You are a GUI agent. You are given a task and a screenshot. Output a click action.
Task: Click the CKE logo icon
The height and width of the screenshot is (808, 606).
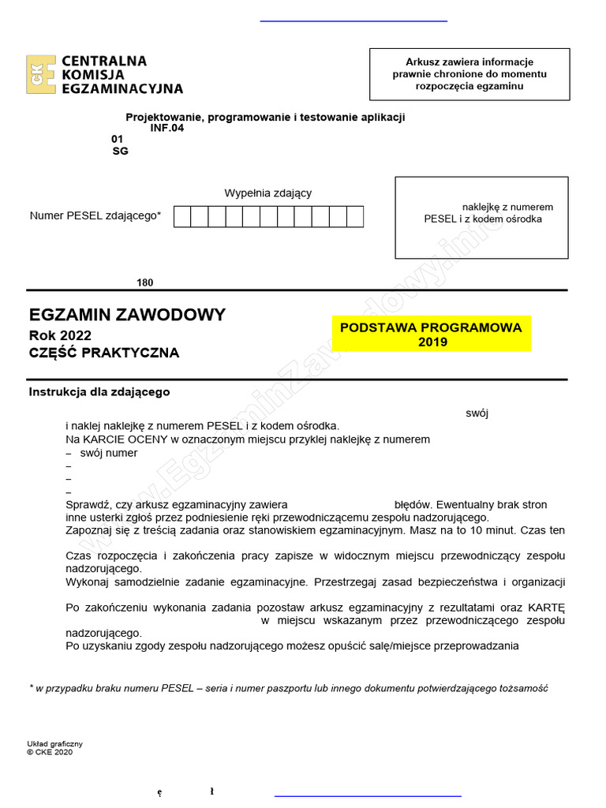coord(40,75)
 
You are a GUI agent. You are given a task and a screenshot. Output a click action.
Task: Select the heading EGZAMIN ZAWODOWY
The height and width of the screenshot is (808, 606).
coord(127,315)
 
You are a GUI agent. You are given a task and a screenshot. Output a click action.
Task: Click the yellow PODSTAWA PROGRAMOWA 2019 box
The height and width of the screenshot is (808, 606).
coord(431,335)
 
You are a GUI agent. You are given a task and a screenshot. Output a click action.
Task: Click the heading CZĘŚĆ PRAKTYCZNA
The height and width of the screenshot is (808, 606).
coord(104,353)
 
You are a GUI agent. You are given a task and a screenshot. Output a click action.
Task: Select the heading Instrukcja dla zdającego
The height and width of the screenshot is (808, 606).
coord(99,391)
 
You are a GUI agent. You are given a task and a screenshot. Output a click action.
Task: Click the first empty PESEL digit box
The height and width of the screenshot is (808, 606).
coord(182,216)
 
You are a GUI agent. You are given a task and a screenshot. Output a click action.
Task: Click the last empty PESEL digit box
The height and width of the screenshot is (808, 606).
coord(355,216)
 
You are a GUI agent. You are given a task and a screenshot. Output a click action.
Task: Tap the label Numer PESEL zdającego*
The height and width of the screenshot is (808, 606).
coord(95,215)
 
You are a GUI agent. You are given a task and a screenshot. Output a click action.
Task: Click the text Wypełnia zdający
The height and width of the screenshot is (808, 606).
coord(268,193)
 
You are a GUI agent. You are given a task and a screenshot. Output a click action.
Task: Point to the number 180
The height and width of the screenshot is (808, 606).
coord(145,282)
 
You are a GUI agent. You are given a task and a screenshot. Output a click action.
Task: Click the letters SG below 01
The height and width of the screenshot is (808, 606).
coord(120,151)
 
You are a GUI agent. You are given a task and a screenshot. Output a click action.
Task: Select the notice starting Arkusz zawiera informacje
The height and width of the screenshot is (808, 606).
coord(469,73)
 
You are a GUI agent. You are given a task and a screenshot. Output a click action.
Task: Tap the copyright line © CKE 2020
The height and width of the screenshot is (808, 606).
coord(49,752)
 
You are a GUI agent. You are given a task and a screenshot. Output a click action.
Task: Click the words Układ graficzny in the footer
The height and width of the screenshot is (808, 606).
coord(55,743)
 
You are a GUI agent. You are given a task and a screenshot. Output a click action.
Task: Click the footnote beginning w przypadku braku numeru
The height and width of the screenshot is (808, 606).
coord(289,688)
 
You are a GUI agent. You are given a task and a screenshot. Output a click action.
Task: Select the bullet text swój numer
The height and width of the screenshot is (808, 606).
coord(109,453)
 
